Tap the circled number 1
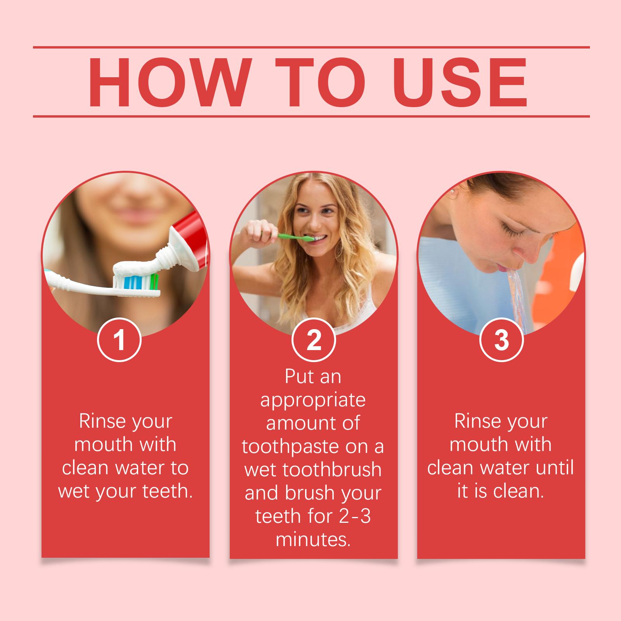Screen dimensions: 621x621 pyautogui.click(x=120, y=340)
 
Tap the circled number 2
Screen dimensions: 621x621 pyautogui.click(x=314, y=340)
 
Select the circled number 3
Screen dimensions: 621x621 pyautogui.click(x=501, y=340)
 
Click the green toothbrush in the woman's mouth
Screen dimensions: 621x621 pyautogui.click(x=289, y=236)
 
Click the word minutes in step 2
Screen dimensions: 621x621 pyautogui.click(x=313, y=540)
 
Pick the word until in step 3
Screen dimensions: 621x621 pyautogui.click(x=555, y=468)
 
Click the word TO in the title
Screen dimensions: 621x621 pyautogui.click(x=321, y=82)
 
